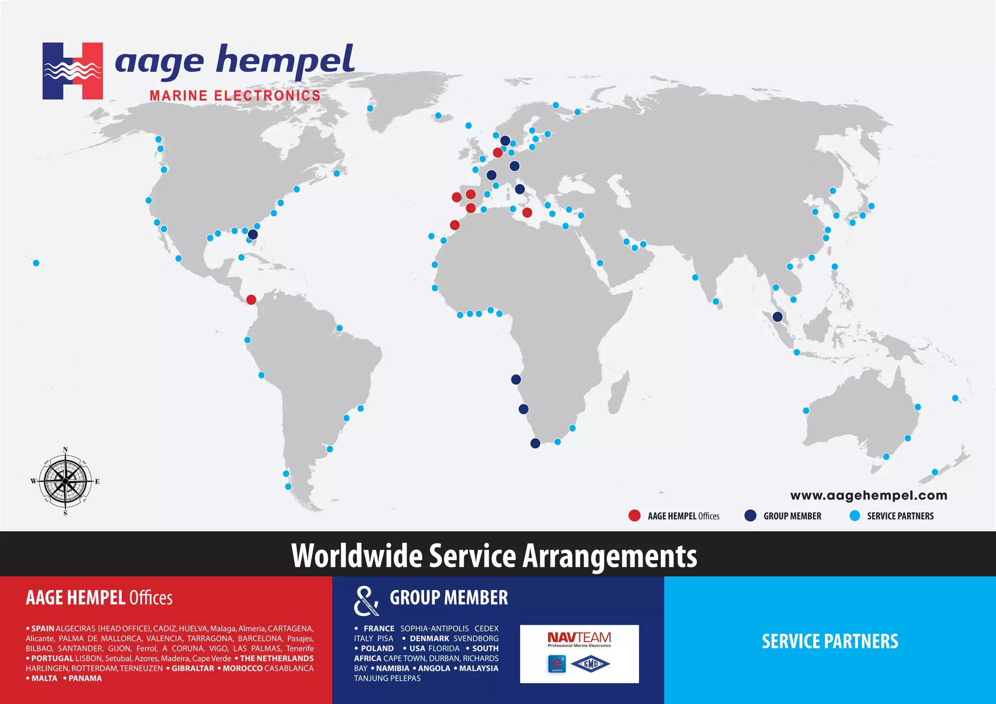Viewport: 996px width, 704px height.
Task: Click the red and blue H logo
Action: (x=72, y=71)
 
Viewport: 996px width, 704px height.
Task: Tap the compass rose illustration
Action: (x=65, y=481)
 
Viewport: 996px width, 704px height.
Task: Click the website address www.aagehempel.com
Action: (x=869, y=495)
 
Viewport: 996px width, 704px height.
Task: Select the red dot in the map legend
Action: (x=634, y=516)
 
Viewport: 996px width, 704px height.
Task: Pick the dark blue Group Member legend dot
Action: (x=750, y=516)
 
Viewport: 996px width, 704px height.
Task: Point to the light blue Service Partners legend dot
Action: (x=854, y=516)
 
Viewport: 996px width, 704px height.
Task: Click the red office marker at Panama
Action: (x=251, y=299)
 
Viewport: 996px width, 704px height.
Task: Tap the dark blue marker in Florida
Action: (x=253, y=234)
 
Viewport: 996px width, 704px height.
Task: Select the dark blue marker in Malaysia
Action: (x=778, y=317)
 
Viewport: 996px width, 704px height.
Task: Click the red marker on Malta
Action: (x=527, y=212)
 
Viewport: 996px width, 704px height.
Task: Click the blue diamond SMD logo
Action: (x=590, y=664)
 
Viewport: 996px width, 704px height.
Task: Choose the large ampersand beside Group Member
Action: (x=366, y=601)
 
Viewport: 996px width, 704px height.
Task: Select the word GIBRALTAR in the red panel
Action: (x=193, y=669)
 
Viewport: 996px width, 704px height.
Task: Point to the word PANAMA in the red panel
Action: (x=85, y=678)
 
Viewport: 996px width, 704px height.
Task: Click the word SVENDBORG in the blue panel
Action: (x=476, y=638)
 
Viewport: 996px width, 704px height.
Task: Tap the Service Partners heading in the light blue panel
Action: (x=830, y=641)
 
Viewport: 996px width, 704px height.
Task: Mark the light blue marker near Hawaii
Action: (x=36, y=263)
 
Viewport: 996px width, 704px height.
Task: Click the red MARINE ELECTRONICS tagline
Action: (x=235, y=96)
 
